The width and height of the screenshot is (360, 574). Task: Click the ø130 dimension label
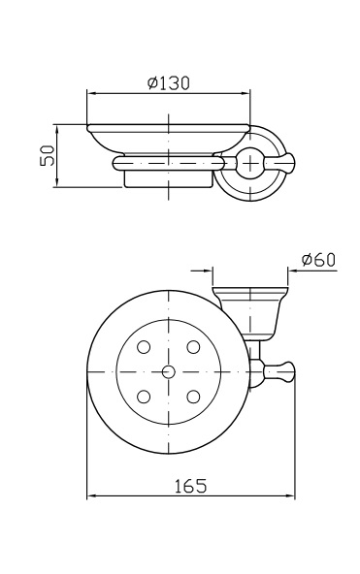tap(169, 83)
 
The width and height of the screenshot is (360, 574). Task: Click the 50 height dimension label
tap(48, 155)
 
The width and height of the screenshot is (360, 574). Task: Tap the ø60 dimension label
tap(318, 260)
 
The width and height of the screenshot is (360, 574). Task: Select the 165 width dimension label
tap(190, 486)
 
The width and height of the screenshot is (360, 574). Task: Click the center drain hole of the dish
tap(169, 372)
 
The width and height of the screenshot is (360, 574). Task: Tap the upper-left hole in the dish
tap(144, 347)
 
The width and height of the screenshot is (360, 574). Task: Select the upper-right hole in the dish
tap(193, 347)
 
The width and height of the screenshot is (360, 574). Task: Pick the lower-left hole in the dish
tap(144, 397)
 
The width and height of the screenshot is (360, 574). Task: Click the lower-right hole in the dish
tap(193, 397)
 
